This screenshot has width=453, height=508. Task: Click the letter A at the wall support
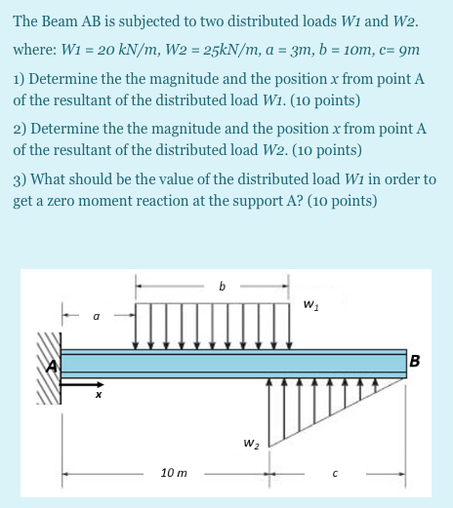tap(57, 363)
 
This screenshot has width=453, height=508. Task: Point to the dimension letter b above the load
tap(222, 288)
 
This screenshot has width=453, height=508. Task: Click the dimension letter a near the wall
tap(96, 316)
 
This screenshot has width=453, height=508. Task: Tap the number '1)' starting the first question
tap(20, 76)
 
